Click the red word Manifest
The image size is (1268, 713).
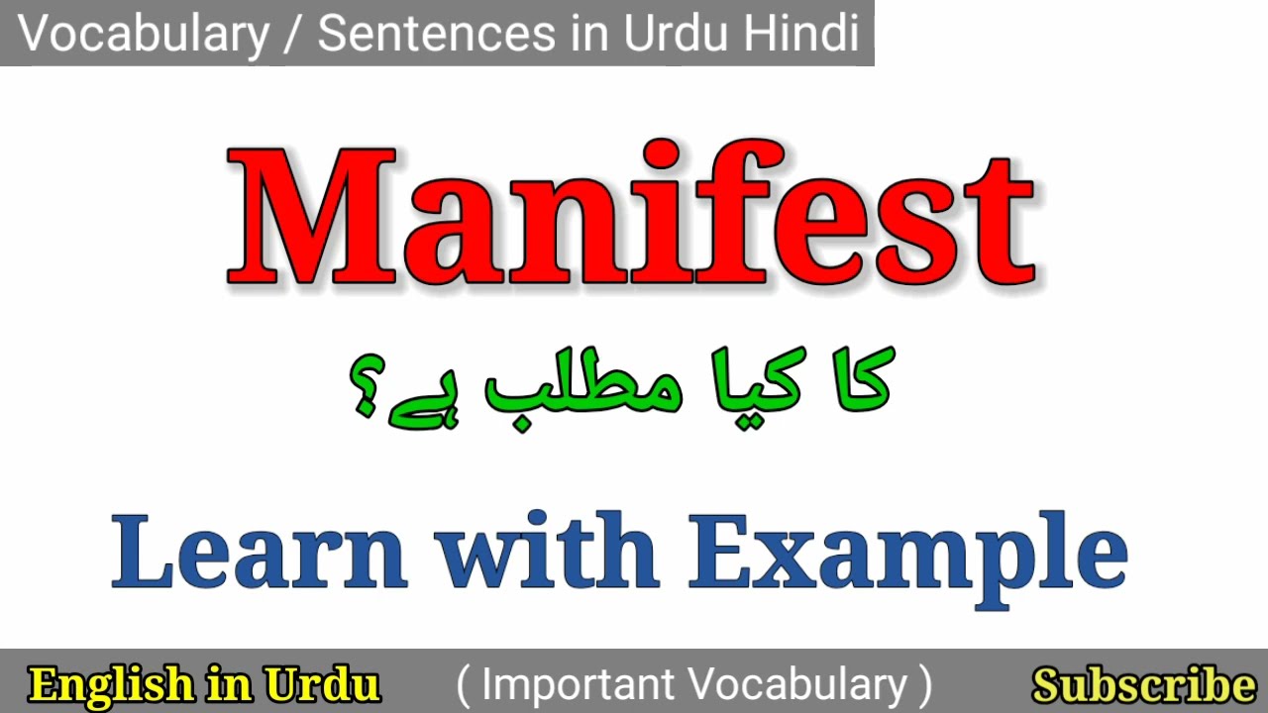pyautogui.click(x=632, y=215)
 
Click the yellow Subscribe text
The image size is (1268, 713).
pyautogui.click(x=1143, y=685)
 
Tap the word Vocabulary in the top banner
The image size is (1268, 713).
pyautogui.click(x=145, y=35)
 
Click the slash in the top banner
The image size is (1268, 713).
pyautogui.click(x=294, y=35)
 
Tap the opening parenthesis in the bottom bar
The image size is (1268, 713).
pyautogui.click(x=464, y=685)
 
